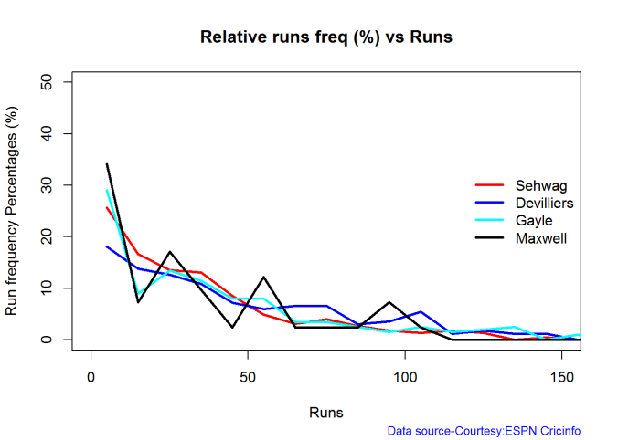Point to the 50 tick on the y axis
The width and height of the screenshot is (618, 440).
46,82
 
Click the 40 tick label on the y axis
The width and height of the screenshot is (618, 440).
46,133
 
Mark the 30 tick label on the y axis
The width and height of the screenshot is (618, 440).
46,185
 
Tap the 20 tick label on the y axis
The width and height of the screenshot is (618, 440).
46,236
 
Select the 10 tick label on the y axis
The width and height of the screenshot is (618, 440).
46,288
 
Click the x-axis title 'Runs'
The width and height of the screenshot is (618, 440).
326,412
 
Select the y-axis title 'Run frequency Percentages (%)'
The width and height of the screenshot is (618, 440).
13,211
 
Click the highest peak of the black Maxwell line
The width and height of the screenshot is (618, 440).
107,164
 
